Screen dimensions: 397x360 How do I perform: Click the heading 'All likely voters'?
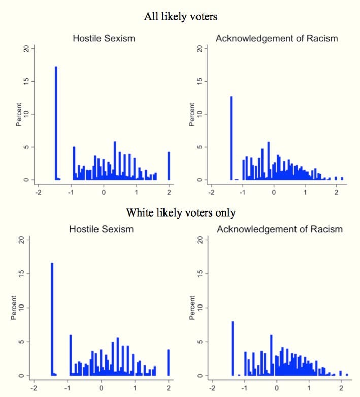pos(180,17)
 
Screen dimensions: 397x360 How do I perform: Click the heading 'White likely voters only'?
pos(180,211)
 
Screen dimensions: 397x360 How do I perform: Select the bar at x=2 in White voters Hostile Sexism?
pos(168,362)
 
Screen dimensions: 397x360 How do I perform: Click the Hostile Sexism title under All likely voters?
pos(103,38)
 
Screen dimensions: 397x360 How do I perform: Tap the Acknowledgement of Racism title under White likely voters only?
pos(279,229)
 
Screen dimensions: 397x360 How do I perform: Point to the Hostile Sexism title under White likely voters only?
pos(102,229)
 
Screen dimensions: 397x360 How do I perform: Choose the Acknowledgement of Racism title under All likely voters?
pos(277,38)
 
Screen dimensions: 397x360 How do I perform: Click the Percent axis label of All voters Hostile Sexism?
pos(20,115)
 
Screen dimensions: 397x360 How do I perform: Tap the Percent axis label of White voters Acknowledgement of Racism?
pos(193,309)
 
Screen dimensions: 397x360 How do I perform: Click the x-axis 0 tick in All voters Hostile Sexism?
pos(104,193)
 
